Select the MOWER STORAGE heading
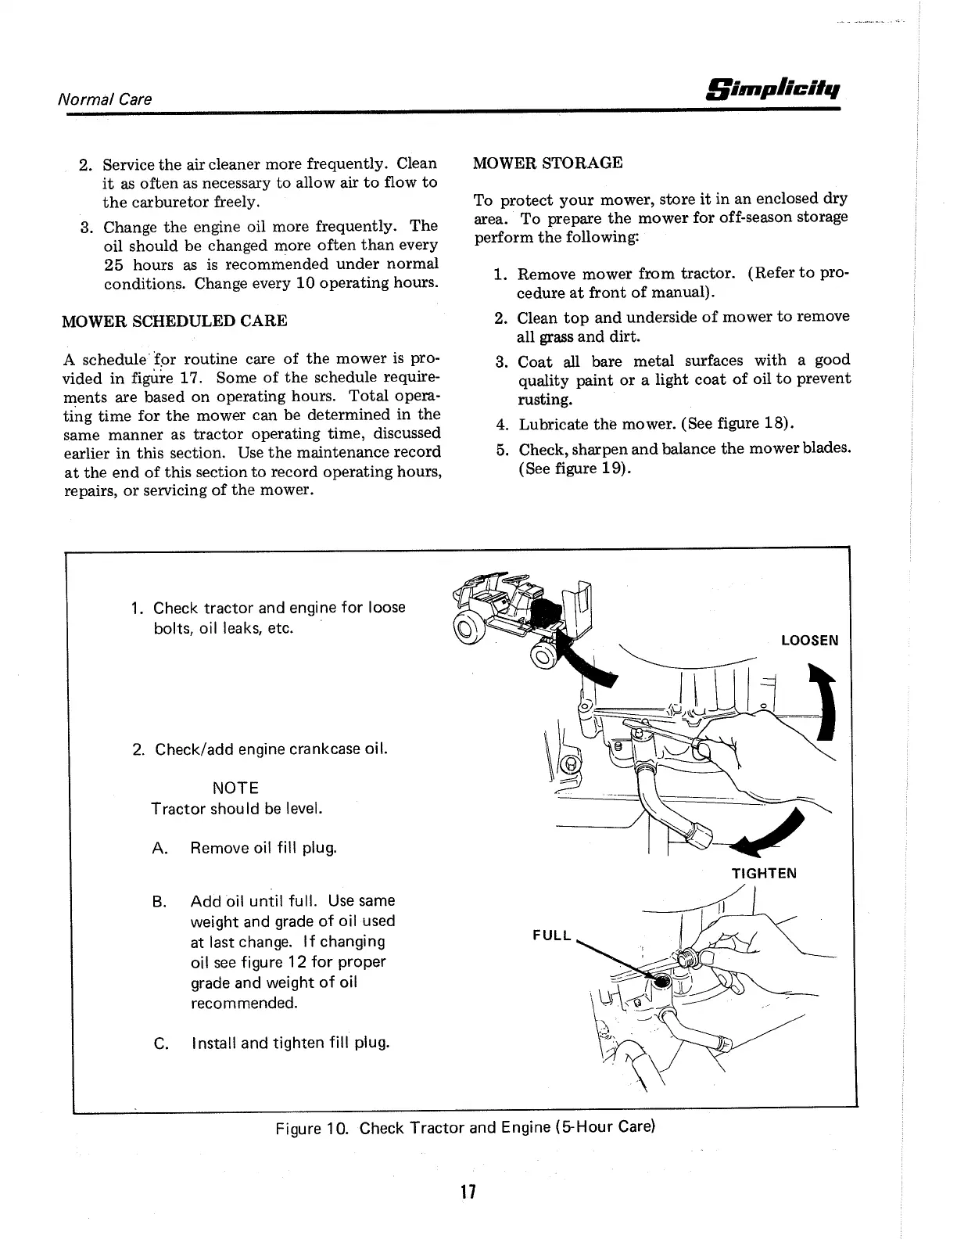(548, 163)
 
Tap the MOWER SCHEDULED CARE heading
(174, 321)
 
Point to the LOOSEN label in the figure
(809, 641)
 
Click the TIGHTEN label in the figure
(763, 873)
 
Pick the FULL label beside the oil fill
(552, 936)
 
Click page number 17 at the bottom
(468, 1191)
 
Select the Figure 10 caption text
(464, 1128)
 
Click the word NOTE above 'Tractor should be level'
(235, 788)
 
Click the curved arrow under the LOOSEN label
(822, 701)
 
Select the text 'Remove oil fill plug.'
(263, 848)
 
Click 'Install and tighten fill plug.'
(289, 1043)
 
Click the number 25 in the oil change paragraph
(116, 264)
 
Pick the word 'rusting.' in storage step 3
(545, 399)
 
